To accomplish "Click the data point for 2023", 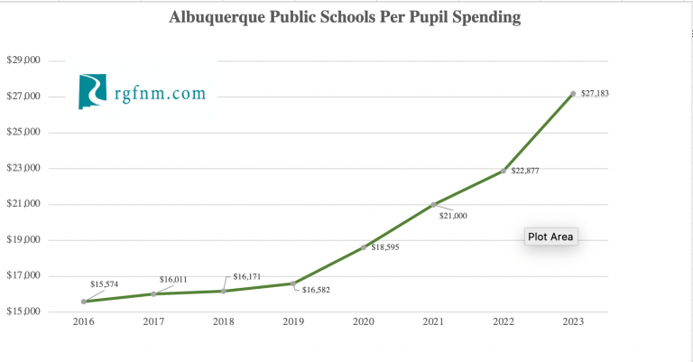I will pyautogui.click(x=573, y=94).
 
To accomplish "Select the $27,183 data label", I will pyautogui.click(x=596, y=94).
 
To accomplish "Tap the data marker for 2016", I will pyautogui.click(x=84, y=302).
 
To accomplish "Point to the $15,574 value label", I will pyautogui.click(x=106, y=284).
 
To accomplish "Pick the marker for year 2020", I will pyautogui.click(x=364, y=247).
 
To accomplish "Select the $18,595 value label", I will pyautogui.click(x=385, y=247).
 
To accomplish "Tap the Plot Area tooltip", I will pyautogui.click(x=550, y=237).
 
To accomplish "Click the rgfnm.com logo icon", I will pyautogui.click(x=93, y=92).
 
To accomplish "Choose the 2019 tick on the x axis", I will pyautogui.click(x=293, y=320).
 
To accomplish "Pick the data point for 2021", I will pyautogui.click(x=434, y=205).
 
